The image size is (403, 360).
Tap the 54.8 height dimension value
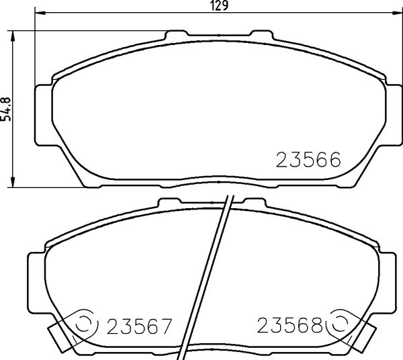[7, 107]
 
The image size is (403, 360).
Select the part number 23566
[309, 161]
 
